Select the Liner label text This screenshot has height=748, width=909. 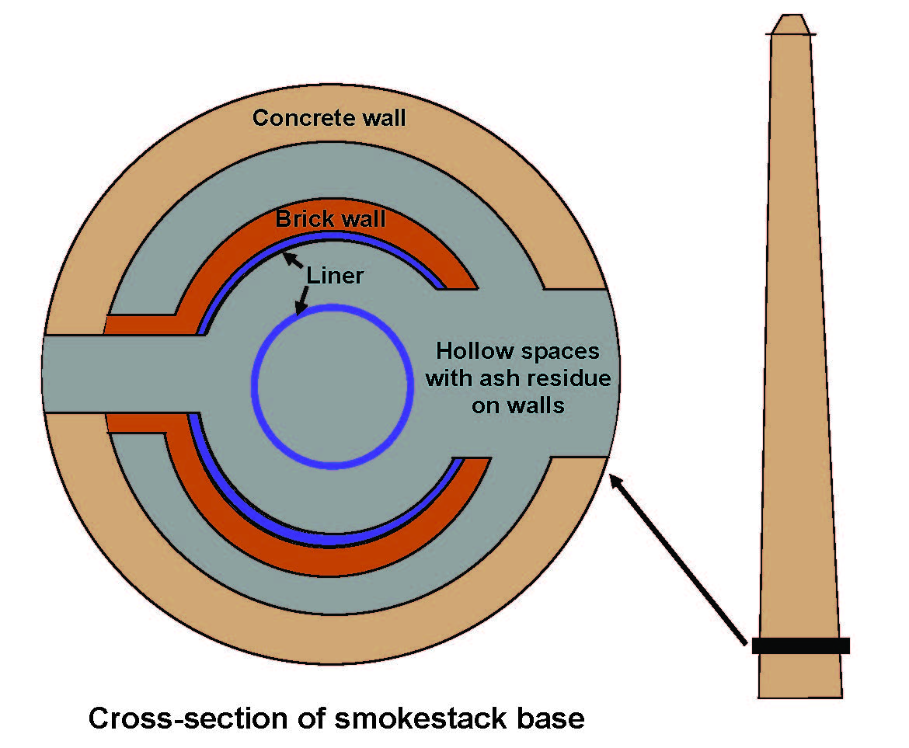(x=335, y=276)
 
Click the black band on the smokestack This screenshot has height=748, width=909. (x=800, y=645)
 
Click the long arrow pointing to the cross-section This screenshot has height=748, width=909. (x=678, y=560)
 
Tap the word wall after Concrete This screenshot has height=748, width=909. (x=384, y=118)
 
